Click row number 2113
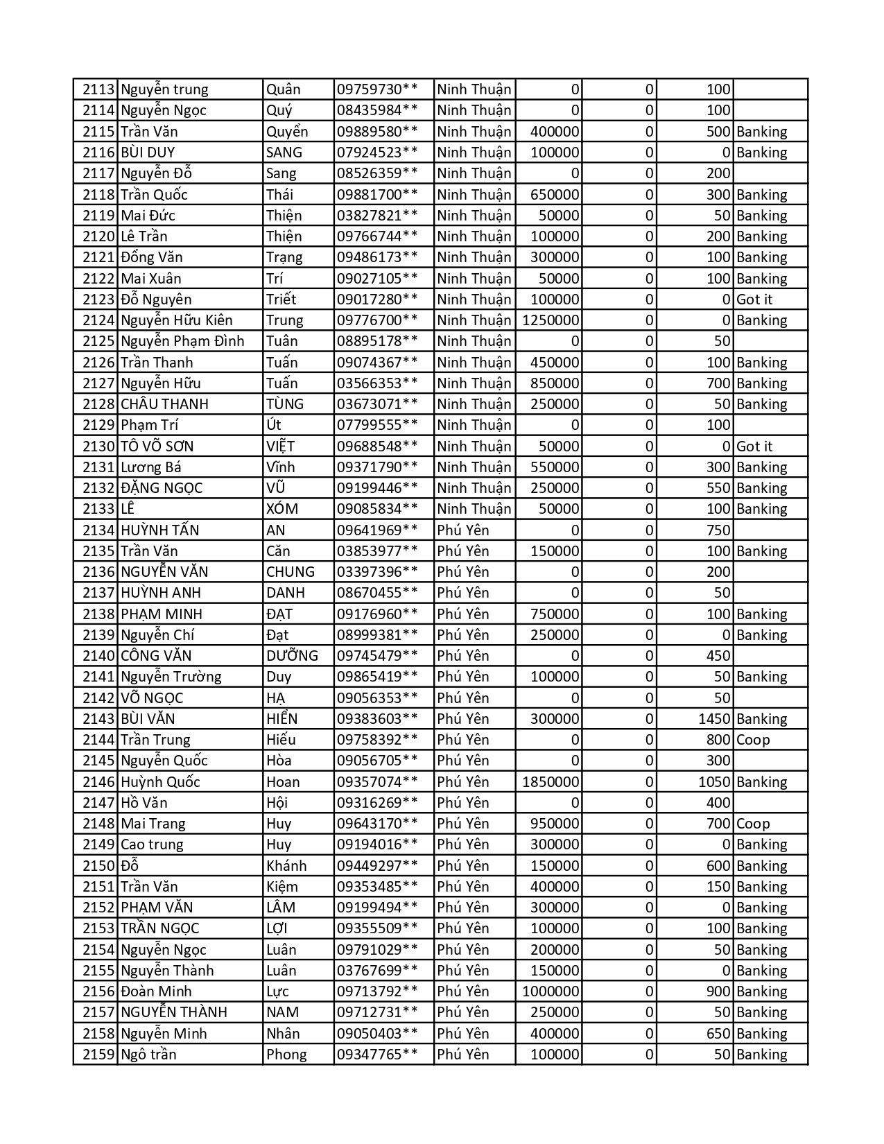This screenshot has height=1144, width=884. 98,89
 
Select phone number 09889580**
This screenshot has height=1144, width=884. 377,132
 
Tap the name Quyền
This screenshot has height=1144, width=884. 287,132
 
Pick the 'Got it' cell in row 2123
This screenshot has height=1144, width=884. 754,300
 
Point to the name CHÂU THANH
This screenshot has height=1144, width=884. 164,404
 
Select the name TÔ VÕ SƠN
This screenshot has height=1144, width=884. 157,447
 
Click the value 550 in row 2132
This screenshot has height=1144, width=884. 718,488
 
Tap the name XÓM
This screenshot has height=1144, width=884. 282,509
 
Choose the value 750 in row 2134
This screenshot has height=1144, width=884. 718,530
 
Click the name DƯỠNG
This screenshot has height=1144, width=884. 292,656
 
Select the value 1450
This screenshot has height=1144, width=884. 714,719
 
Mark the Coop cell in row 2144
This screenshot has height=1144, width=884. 754,740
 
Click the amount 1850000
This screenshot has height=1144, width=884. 551,782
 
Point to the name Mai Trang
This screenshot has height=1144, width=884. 153,824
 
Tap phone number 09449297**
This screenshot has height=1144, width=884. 377,866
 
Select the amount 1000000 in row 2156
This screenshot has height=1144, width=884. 551,991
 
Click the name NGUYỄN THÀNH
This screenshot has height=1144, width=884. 174,1012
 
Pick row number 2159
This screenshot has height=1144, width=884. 98,1055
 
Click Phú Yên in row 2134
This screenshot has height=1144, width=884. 463,530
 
